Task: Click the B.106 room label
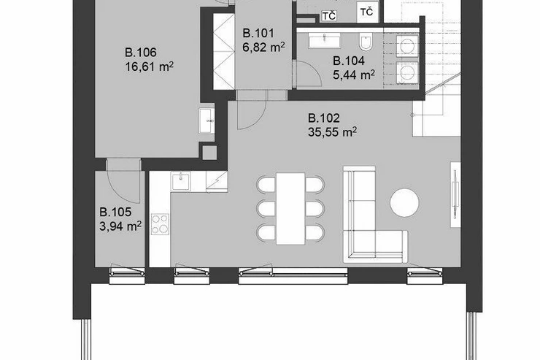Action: tap(141, 53)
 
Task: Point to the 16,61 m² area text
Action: tap(149, 66)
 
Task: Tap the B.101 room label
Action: tap(258, 34)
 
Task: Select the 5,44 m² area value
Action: tap(354, 74)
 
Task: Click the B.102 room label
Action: tap(324, 118)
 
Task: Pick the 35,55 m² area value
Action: tap(332, 132)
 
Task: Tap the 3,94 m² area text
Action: tap(120, 226)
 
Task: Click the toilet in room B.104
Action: tap(366, 42)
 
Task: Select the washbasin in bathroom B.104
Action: tap(325, 40)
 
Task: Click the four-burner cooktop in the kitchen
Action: tap(160, 224)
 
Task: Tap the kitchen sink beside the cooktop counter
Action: tap(181, 181)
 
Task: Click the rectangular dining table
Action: tap(290, 209)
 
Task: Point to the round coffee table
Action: tap(404, 202)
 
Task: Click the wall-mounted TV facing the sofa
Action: tap(455, 194)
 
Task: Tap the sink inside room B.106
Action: tap(207, 120)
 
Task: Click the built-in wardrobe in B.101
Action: tap(223, 51)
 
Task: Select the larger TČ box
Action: tap(367, 12)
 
